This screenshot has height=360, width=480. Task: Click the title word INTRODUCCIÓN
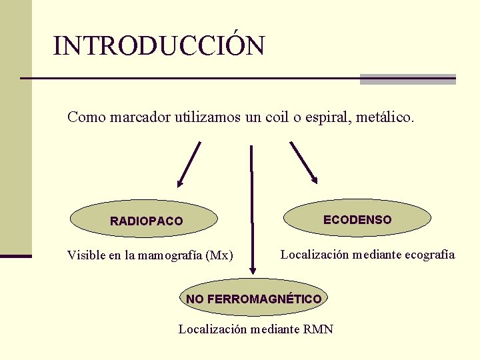coord(159,46)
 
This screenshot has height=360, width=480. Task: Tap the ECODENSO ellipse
coord(357,219)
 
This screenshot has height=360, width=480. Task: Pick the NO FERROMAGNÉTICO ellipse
coord(253,298)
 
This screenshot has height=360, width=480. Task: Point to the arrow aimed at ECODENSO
coord(303,162)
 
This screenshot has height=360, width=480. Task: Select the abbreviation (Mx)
coord(219,255)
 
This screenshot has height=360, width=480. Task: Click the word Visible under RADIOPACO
coord(85,255)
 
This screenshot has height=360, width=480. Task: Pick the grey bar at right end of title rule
coord(407,79)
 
